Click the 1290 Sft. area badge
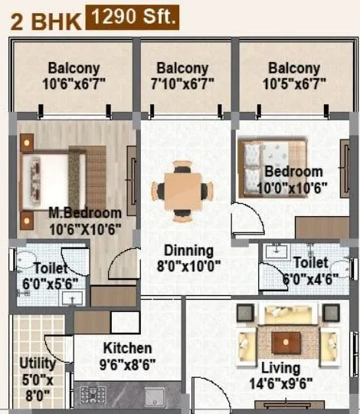pos(133,17)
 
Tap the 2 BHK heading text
pos(46,20)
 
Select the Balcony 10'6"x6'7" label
pos(74,75)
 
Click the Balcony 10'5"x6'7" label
pos(293,75)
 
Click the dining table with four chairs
pos(182,190)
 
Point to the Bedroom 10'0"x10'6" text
pos(294,179)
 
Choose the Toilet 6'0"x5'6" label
pos(50,276)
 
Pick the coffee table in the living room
pos(287,341)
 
